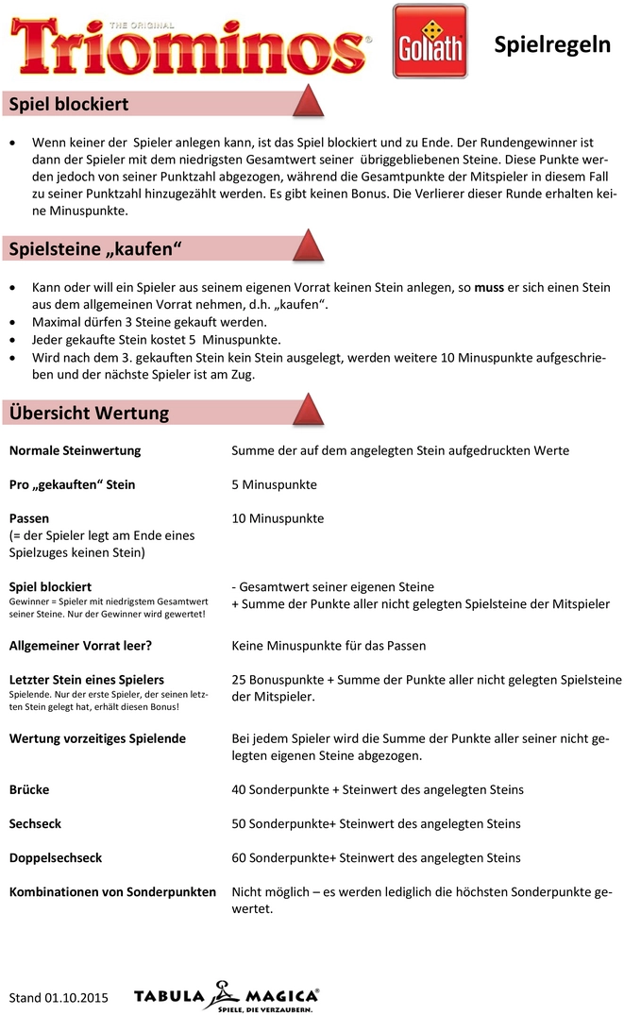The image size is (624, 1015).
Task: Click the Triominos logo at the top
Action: coord(189,42)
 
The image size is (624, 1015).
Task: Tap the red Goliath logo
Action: coord(429,42)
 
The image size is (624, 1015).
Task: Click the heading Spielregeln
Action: coord(552,45)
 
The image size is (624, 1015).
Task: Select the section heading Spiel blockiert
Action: coord(68,104)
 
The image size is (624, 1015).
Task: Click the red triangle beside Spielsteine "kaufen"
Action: coord(309,246)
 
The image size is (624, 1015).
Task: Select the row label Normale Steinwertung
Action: coord(75,450)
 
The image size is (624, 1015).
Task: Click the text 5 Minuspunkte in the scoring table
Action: coord(274,484)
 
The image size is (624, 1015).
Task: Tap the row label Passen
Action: coord(29,518)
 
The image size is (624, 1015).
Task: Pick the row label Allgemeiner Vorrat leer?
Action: coord(80,646)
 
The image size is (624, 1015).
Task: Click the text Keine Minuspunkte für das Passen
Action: coord(329,646)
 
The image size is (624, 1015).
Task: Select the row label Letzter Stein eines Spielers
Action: coord(87,680)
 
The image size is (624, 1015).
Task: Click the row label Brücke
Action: coord(29,789)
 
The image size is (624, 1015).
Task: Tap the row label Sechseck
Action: coord(35,823)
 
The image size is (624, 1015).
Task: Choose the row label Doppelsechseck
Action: coord(56,857)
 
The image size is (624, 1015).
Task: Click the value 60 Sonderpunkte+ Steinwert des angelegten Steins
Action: coord(376,857)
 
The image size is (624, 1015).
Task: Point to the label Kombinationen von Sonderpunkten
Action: coord(112,891)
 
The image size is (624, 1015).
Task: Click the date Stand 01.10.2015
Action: coord(58,997)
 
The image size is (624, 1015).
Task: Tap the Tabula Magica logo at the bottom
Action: coord(226,996)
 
